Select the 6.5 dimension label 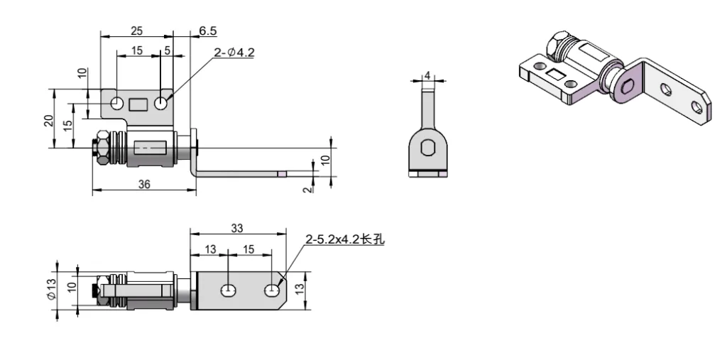[x=208, y=30]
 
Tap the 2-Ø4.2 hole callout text [x=234, y=51]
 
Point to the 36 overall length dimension [x=144, y=183]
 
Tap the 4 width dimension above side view [x=427, y=75]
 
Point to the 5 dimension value [x=167, y=50]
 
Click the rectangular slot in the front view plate [x=138, y=104]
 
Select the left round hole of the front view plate [x=116, y=104]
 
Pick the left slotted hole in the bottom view [x=228, y=290]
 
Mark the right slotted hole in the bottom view [x=273, y=290]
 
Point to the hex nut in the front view [x=102, y=148]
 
